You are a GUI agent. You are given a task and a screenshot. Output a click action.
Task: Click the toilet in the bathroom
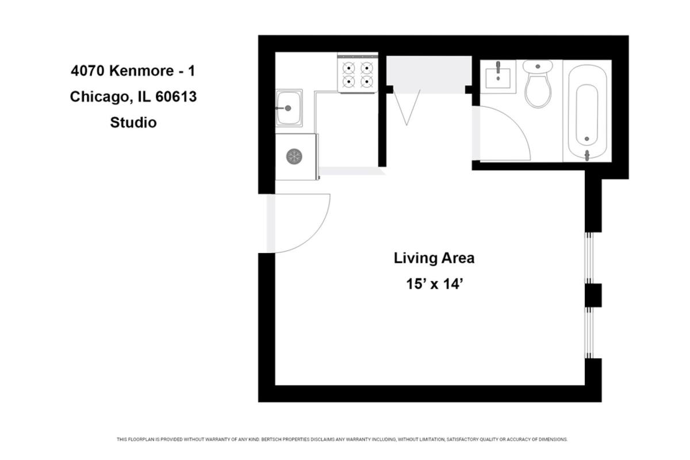pyautogui.click(x=538, y=83)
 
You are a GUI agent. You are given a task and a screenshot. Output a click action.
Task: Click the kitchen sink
pyautogui.click(x=289, y=108)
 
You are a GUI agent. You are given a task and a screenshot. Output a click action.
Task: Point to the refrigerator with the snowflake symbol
pyautogui.click(x=297, y=156)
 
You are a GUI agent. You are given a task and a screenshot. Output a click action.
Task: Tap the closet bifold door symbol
pyautogui.click(x=407, y=107)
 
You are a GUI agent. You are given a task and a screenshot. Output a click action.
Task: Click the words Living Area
pyautogui.click(x=434, y=258)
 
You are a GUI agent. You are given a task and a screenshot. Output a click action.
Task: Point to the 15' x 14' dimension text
pyautogui.click(x=435, y=284)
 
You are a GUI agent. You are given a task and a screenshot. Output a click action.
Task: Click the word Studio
pyautogui.click(x=133, y=122)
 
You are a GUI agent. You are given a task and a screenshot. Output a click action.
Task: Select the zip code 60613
pyautogui.click(x=176, y=97)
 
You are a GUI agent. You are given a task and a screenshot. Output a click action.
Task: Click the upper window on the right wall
pyautogui.click(x=589, y=258)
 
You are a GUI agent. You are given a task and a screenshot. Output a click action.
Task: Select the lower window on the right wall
pyautogui.click(x=589, y=333)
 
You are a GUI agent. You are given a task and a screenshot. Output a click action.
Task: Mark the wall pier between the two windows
pyautogui.click(x=593, y=295)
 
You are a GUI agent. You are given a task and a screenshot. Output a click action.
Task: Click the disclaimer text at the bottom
pyautogui.click(x=342, y=439)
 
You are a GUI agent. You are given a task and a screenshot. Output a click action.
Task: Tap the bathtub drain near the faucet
pyautogui.click(x=586, y=139)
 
